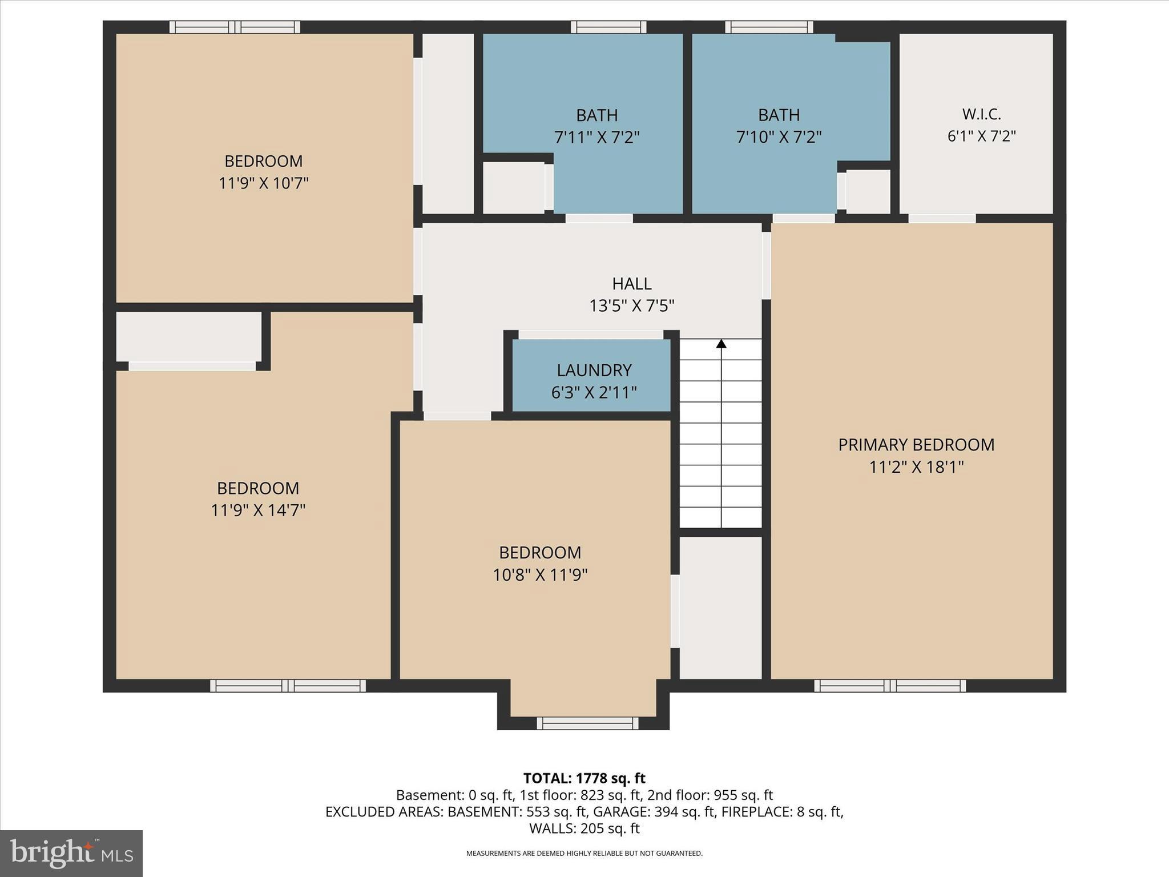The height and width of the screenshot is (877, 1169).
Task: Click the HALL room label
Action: [631, 284]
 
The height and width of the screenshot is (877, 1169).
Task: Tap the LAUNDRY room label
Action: [594, 371]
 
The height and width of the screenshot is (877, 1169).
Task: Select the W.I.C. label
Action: [981, 114]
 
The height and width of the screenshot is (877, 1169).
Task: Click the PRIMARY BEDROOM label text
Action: [916, 445]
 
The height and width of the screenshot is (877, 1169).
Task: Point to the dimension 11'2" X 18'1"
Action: [916, 468]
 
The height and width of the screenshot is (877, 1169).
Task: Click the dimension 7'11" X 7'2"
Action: [596, 138]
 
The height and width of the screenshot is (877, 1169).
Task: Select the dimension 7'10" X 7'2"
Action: [779, 138]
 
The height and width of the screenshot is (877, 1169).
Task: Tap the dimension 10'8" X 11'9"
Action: [540, 575]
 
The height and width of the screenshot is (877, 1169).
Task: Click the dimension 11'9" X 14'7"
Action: [258, 510]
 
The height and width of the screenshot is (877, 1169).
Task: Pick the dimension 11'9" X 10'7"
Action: [263, 183]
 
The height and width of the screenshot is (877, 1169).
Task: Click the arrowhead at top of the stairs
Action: [721, 344]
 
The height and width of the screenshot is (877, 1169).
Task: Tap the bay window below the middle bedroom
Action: [587, 723]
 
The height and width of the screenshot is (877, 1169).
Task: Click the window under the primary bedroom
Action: [889, 686]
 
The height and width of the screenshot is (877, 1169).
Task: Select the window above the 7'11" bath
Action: [608, 27]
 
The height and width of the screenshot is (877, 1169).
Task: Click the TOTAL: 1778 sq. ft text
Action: [584, 778]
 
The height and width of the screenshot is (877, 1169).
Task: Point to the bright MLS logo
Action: [71, 853]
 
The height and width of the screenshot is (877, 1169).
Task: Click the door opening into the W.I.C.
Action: [942, 218]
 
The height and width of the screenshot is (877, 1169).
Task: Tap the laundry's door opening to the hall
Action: [590, 335]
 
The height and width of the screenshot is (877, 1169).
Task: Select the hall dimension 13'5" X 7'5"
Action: [631, 306]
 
